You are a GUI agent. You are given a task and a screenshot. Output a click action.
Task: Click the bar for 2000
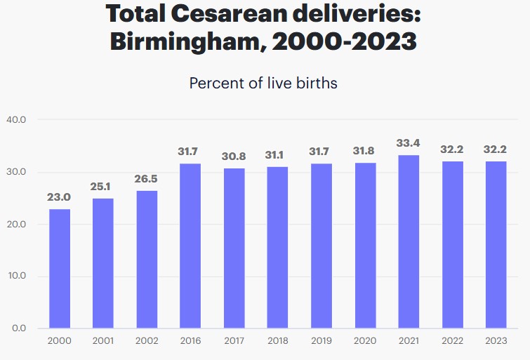(60, 268)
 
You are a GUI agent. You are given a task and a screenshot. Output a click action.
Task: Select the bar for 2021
(409, 241)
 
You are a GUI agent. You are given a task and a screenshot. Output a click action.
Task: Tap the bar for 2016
(190, 246)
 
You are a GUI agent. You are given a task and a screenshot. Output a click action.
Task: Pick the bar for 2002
(147, 259)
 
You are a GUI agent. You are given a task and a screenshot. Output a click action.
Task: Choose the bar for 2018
(278, 247)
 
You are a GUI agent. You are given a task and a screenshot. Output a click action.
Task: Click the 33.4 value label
(409, 143)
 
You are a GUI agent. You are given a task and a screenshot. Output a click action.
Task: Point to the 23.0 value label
(60, 197)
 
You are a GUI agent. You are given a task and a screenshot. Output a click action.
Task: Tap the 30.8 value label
(234, 156)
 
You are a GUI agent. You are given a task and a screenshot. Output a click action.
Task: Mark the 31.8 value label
(365, 152)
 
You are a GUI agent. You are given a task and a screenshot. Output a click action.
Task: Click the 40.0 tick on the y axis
(16, 120)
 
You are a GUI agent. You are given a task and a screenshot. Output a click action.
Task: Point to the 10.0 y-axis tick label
(16, 276)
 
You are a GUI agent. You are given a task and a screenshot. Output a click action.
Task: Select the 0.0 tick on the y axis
(19, 328)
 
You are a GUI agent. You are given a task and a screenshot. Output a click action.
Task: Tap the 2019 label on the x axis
(322, 341)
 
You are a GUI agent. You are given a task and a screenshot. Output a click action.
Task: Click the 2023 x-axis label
(496, 341)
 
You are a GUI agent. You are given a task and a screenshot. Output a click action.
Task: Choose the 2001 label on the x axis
(103, 341)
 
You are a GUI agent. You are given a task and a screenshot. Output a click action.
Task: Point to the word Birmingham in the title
(188, 42)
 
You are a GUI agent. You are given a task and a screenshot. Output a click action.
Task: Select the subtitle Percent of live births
(263, 83)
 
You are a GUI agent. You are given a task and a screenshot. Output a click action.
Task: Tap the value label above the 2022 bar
(452, 149)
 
